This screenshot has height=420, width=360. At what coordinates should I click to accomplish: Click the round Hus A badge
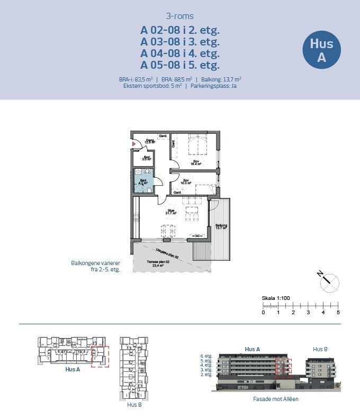click(321, 50)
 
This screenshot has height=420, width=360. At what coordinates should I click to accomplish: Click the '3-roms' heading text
click(179, 16)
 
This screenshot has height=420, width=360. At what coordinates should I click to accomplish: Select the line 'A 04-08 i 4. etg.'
click(179, 53)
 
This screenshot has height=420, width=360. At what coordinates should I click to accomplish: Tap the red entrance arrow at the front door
click(133, 143)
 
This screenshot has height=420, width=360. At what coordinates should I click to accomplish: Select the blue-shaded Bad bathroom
click(143, 181)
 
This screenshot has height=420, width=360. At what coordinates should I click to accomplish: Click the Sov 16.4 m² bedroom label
click(195, 162)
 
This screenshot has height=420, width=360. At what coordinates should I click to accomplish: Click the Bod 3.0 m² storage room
click(142, 158)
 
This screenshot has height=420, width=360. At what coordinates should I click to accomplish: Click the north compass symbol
click(329, 282)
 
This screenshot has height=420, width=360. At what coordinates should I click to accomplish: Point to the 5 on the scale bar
click(338, 313)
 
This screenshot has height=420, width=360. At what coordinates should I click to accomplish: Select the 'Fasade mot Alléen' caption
click(276, 399)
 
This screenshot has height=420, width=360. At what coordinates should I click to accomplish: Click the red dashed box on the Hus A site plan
click(100, 356)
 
